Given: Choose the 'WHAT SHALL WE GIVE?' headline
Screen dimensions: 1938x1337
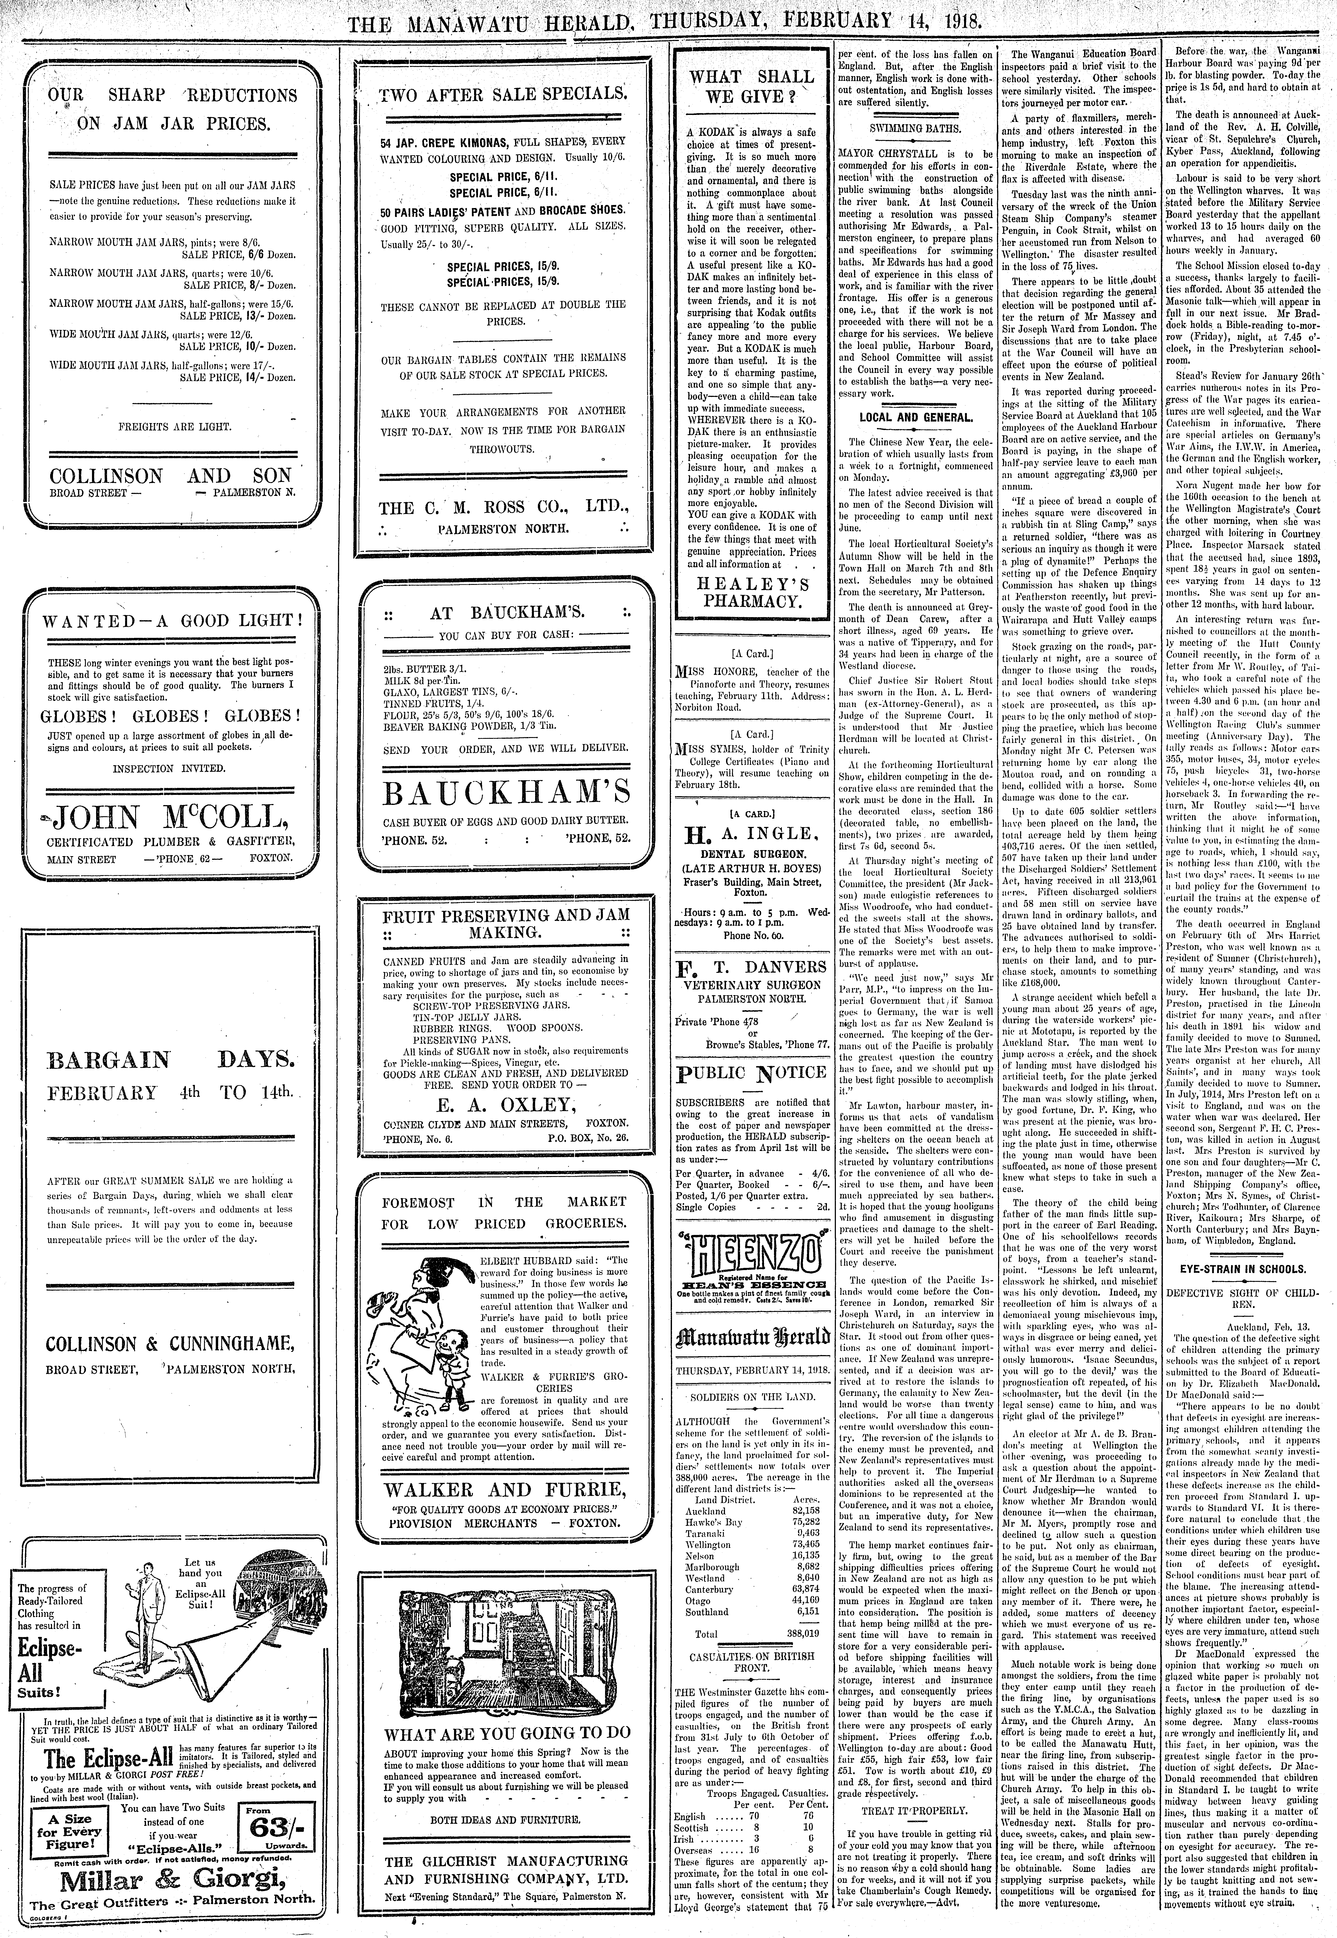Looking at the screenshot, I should click(751, 87).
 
